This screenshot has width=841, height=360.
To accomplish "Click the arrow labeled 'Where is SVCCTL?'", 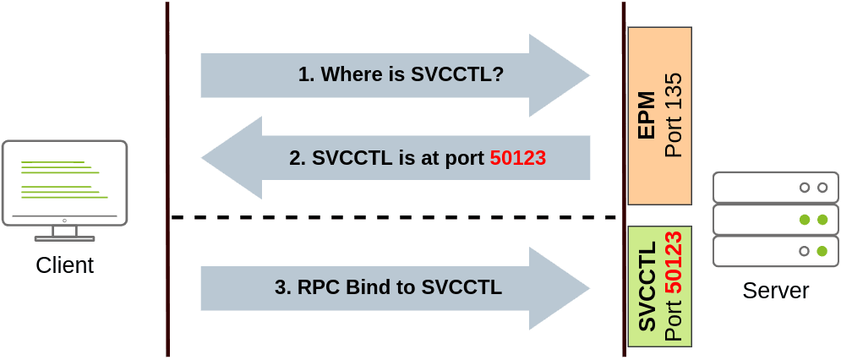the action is pos(396,75).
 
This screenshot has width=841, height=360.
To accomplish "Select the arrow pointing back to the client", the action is pos(396,158).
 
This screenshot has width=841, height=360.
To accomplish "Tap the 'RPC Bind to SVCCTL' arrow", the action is pos(396,288).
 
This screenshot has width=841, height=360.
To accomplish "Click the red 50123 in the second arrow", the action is pos(518,158).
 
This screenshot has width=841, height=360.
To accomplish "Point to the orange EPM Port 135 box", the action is pos(660,116).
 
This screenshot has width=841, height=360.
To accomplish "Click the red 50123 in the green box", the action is pos(673,262).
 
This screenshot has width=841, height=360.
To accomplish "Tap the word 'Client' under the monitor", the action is pos(65,265).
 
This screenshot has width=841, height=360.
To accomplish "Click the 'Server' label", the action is pos(776,290).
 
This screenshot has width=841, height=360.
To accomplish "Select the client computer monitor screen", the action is pos(65,183).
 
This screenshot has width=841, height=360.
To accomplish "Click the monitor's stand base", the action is pos(65,238).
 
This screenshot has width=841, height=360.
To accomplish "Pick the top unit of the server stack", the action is pos(776,188).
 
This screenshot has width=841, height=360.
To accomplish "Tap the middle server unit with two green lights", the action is pos(776,220).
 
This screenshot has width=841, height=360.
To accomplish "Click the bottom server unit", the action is pos(776,251).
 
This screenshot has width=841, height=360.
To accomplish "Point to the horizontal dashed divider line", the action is pos(394,217).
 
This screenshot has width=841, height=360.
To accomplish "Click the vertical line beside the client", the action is pos(167,179).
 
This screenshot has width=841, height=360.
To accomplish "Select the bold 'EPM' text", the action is pos(647,116).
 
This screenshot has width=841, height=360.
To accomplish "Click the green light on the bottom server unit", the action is pos(822,251).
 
